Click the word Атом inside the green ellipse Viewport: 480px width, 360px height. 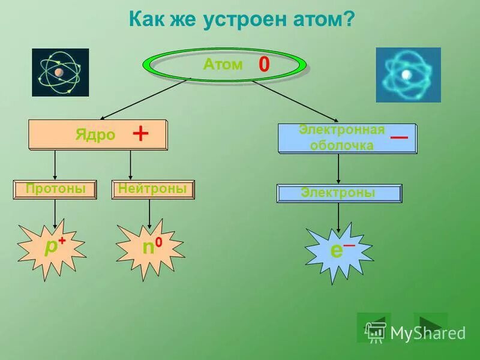coord(223,65)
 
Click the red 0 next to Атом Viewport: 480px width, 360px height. coord(263,65)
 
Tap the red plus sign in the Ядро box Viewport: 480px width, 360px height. coord(140,134)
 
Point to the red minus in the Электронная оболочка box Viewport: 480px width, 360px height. coord(399,137)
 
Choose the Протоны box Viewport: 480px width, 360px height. coord(55,190)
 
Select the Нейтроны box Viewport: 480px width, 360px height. coord(152,190)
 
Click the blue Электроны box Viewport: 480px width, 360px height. coord(338,193)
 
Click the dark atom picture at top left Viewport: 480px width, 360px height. coord(60,73)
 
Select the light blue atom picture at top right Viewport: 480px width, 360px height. coord(408,74)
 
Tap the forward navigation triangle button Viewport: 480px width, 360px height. coord(431,324)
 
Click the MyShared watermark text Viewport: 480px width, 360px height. coord(427,332)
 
